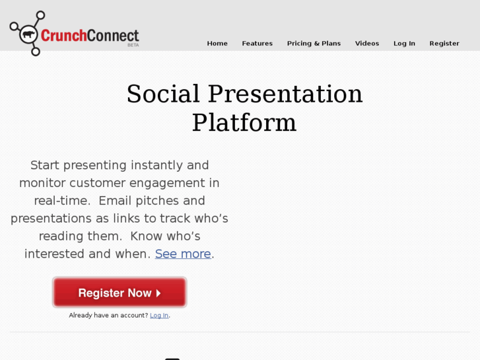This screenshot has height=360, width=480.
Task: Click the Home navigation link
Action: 217,44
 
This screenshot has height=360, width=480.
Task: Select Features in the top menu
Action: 257,44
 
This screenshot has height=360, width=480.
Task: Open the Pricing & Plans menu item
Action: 314,44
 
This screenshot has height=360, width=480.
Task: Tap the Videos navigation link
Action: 367,44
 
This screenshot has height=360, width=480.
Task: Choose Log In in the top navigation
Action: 404,44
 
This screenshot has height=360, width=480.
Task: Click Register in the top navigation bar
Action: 444,44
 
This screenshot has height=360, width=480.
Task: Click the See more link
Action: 183,254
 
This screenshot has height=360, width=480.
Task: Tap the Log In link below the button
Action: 159,316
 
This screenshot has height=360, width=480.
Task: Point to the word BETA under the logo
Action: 133,45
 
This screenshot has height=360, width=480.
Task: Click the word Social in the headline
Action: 163,94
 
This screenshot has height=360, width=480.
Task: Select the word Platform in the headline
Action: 244,123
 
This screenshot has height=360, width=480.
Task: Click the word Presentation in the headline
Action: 285,94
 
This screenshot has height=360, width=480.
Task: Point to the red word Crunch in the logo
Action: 63,35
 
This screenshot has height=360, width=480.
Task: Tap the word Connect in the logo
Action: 113,35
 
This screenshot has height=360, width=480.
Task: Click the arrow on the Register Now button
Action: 158,293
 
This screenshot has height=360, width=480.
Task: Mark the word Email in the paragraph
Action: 118,200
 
